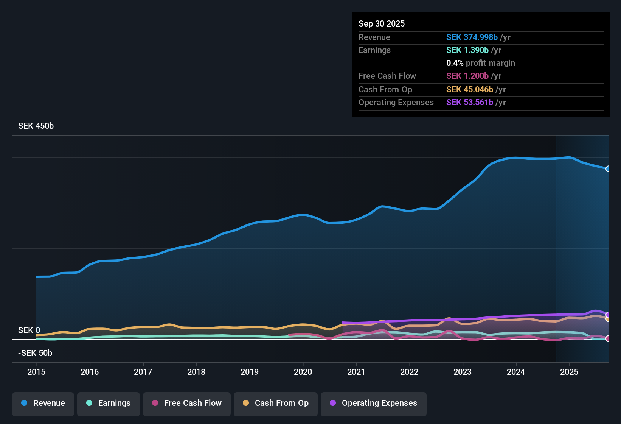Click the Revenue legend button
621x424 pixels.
(43, 403)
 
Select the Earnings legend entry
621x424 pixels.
(109, 403)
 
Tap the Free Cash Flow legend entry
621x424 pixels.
(187, 403)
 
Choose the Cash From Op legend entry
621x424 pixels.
(276, 403)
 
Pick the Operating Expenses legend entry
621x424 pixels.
(374, 403)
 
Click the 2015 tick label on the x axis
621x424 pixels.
(36, 372)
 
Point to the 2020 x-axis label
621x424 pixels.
(303, 372)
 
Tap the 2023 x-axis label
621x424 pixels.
(463, 372)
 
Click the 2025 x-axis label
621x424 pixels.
(569, 372)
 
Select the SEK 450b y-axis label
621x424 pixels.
(36, 126)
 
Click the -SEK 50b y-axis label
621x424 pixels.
(35, 353)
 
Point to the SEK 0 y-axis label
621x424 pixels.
(29, 330)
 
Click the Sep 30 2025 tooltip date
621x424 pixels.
(382, 24)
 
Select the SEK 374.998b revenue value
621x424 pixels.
(472, 37)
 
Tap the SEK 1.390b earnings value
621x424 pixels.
(467, 50)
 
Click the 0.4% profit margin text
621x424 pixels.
(481, 63)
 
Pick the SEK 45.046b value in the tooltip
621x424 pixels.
(470, 90)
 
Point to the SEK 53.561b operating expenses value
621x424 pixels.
(470, 103)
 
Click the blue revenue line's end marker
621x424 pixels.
(608, 169)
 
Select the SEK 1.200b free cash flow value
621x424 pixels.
(467, 76)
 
